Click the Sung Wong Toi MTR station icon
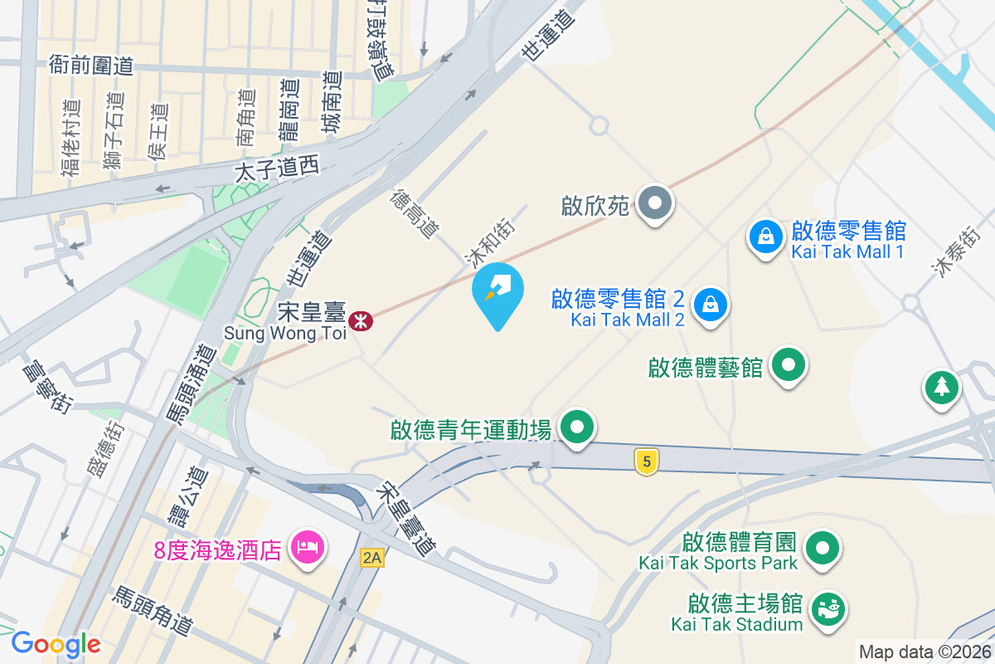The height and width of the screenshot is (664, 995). pos(361,321)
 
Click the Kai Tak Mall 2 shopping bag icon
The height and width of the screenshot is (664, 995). pos(711,304)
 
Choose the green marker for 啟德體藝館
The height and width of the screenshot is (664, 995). pos(788,365)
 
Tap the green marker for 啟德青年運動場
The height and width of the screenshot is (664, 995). pos(577,428)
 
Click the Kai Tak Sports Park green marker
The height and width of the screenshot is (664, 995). pos(823,548)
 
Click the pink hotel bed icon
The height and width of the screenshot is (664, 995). pos(307,547)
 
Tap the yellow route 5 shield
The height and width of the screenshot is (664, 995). pos(646,462)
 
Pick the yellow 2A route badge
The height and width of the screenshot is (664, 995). pos(372,559)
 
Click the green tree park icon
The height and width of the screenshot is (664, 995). pos(942,386)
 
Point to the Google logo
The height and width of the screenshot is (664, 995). pos(56,644)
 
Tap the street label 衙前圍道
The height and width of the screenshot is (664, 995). pos(91,65)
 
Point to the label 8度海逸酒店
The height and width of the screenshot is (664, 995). pos(217,550)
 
